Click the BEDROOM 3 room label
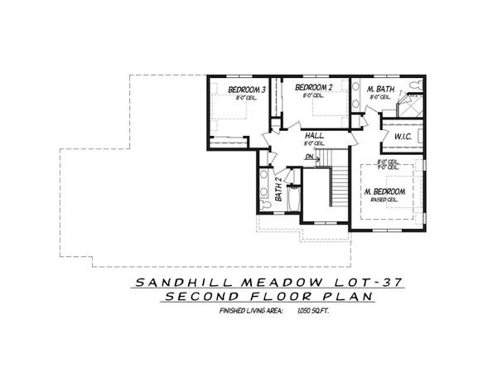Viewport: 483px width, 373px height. point(246,90)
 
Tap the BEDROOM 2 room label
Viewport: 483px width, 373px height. point(313,88)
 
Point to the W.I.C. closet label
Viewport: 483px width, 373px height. point(403,136)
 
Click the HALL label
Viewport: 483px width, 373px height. point(314,135)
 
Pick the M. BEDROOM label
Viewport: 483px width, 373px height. point(383,191)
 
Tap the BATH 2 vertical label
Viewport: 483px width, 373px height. point(279,191)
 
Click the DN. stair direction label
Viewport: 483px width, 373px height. point(309,157)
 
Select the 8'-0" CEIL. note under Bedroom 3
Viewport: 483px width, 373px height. point(246,98)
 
